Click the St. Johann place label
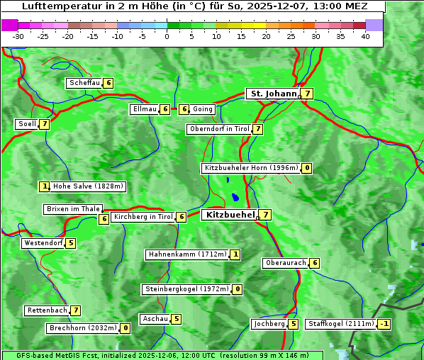(x=272, y=94)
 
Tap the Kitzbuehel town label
(x=228, y=214)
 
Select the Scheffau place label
(x=84, y=83)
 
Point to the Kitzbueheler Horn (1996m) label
(x=250, y=168)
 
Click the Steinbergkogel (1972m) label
(x=186, y=289)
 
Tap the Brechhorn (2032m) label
(x=82, y=328)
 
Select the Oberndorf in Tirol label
(x=219, y=129)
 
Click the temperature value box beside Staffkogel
(x=384, y=324)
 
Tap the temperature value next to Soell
(x=45, y=124)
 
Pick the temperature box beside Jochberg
(x=294, y=324)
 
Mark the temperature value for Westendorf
(x=71, y=243)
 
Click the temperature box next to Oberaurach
(x=315, y=263)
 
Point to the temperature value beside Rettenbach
(x=76, y=310)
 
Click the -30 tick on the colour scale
(x=18, y=36)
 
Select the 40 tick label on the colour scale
(x=365, y=36)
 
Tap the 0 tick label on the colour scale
(x=167, y=36)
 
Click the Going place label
(x=203, y=109)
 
